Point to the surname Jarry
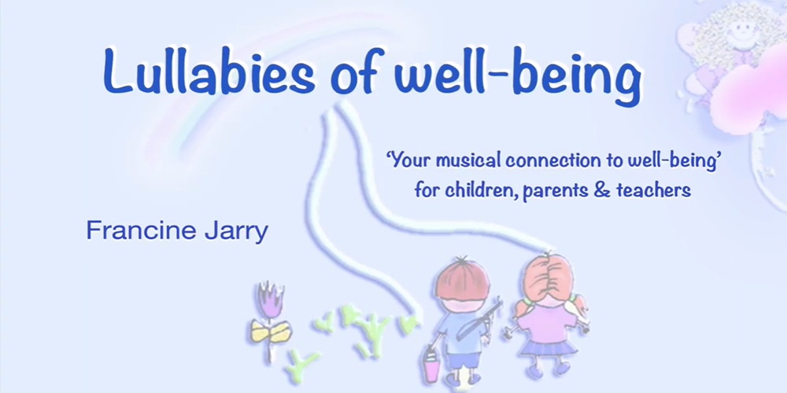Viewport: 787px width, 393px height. coord(234,232)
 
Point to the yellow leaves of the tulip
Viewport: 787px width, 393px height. coord(271,332)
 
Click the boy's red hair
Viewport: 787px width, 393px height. coord(462,280)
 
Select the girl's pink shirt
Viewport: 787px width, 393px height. coord(547,322)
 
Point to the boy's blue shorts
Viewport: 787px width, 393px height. coord(461,359)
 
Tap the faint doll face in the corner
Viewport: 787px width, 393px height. coord(739,32)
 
